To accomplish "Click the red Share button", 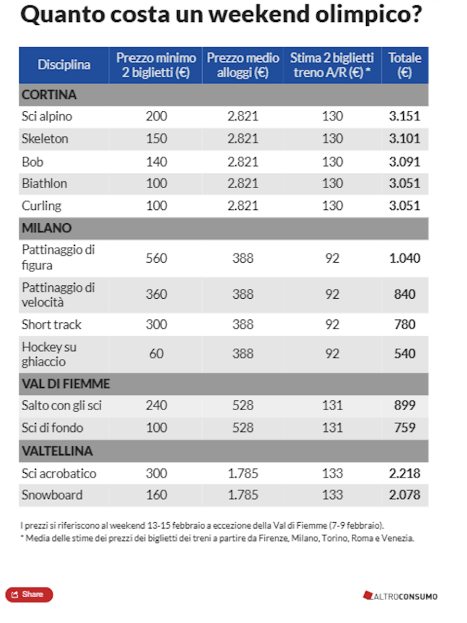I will coord(29,594).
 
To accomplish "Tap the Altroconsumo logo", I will coord(400,596).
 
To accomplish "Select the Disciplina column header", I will coord(64,65).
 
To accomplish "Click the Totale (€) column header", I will coord(405,65).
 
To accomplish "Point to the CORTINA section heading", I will coord(49,95).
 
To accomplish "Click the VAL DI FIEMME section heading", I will coord(66,385).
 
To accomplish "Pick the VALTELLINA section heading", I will coord(57,451).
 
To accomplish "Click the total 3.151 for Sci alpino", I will coord(405,116).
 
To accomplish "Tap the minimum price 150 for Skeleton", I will coord(156,139).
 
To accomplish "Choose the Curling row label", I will coord(41,206).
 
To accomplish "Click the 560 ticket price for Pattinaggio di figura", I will coord(156,258).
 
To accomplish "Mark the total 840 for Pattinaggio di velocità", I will coord(405,294).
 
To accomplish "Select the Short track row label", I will coord(51,324).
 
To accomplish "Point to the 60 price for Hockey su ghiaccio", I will coord(156,354).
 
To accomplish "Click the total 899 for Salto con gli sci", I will coord(405,406).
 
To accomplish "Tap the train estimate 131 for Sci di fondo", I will coord(332,428).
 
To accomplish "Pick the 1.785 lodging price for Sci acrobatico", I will coord(243,473).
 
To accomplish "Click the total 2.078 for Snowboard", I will coord(405,495).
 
